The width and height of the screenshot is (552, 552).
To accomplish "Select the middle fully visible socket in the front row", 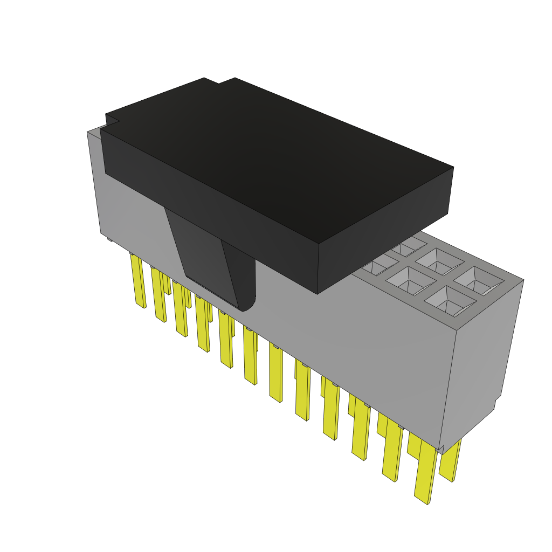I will [x=411, y=280].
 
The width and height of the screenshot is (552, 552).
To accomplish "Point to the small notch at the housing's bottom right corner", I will [x=441, y=448].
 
